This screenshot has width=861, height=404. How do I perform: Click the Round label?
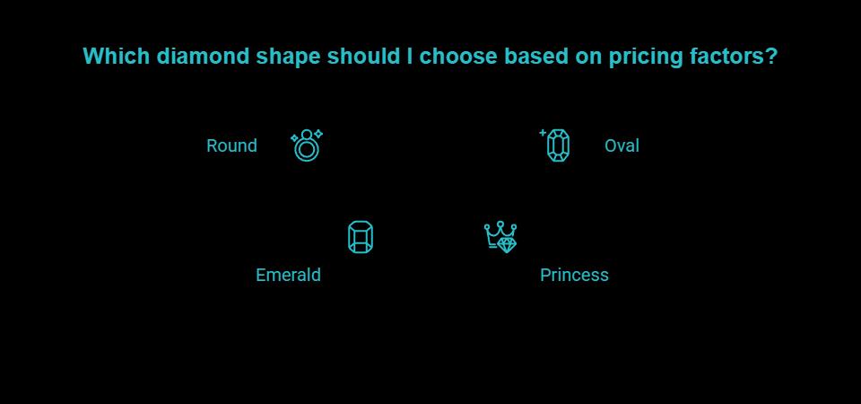click(x=231, y=145)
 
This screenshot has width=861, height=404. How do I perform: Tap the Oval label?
click(x=622, y=145)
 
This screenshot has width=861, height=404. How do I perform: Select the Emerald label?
click(x=288, y=275)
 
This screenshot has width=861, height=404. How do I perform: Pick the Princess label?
click(x=574, y=275)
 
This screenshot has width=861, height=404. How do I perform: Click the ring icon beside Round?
click(x=306, y=145)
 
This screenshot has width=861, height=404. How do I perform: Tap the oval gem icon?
click(x=558, y=145)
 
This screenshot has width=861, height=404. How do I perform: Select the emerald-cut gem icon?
click(x=360, y=238)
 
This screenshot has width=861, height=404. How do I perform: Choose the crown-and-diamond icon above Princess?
click(x=500, y=237)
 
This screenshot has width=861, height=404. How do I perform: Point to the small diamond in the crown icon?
click(x=508, y=243)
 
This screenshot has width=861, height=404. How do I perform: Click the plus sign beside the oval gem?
click(x=543, y=133)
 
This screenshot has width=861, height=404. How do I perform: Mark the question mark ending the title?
click(x=771, y=57)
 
